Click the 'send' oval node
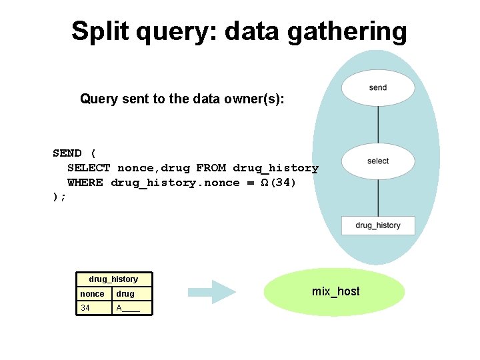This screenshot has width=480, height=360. coord(378,87)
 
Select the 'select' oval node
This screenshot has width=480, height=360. coord(378,161)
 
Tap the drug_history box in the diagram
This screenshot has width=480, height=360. coord(378,225)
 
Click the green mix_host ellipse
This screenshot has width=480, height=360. coord(335,291)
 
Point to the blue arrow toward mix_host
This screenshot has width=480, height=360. coord(212,291)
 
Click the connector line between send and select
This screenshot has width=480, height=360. coord(378,125)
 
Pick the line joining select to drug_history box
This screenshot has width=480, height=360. coord(378,197)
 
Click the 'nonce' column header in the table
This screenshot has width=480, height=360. coord(93,293)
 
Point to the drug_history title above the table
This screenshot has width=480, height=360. coord(113,279)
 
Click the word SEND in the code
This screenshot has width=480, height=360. coord(67,153)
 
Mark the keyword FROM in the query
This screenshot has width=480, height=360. coord(211,168)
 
